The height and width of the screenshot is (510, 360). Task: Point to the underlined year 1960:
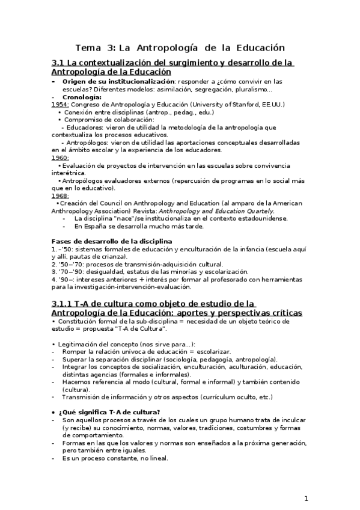(60, 158)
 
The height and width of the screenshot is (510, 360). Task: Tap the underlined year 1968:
(60, 195)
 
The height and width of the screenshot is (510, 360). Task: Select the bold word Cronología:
(82, 96)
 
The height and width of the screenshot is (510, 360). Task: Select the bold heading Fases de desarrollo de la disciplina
(112, 241)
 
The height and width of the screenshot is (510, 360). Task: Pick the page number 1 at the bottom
(306, 498)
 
